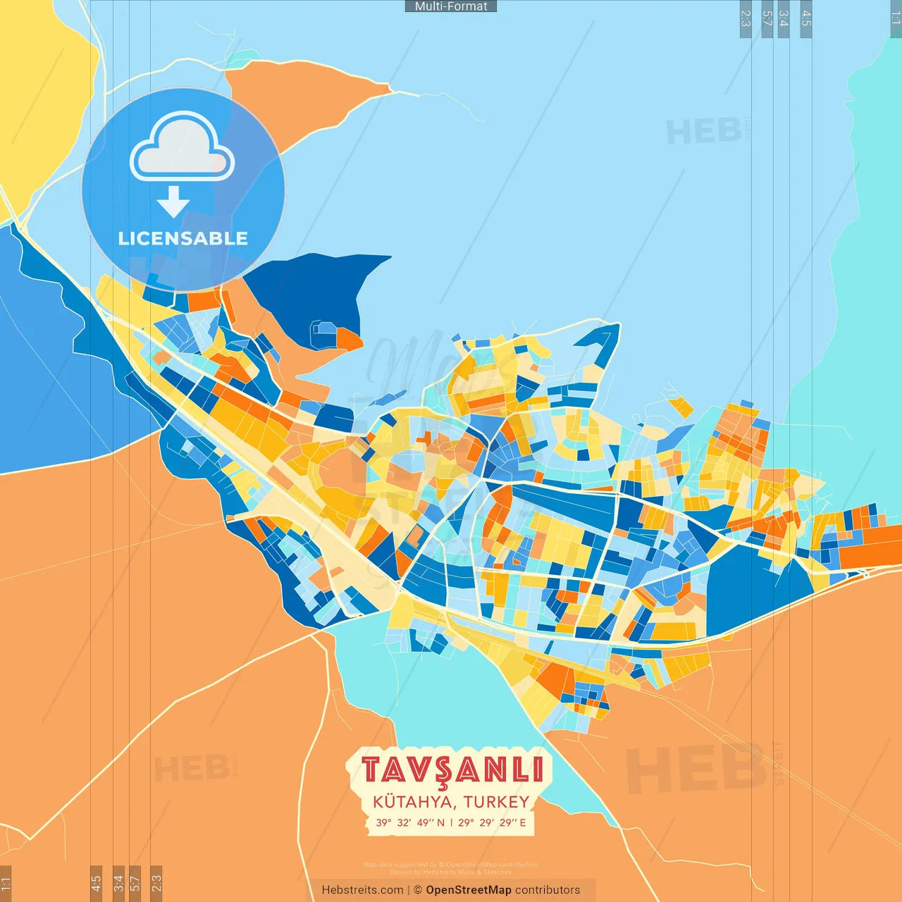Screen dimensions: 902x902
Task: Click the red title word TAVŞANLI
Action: pos(452,770)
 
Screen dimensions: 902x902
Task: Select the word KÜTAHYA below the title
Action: pos(414,802)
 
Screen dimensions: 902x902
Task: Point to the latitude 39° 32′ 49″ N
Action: pos(410,822)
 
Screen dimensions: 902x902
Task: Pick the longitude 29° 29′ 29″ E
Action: pos(492,822)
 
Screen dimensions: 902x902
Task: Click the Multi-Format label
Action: pos(451,6)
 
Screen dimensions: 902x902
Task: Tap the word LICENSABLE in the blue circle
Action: pos(183,238)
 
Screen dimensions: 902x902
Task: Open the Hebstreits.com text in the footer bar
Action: pos(362,890)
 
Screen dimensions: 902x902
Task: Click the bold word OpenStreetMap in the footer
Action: pos(469,890)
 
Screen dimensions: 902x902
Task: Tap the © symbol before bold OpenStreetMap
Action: pos(418,890)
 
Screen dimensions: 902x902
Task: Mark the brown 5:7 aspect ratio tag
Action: pos(135,882)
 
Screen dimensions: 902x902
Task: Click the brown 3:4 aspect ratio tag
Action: pos(118,882)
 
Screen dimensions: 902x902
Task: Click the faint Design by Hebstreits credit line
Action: pos(451,872)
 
